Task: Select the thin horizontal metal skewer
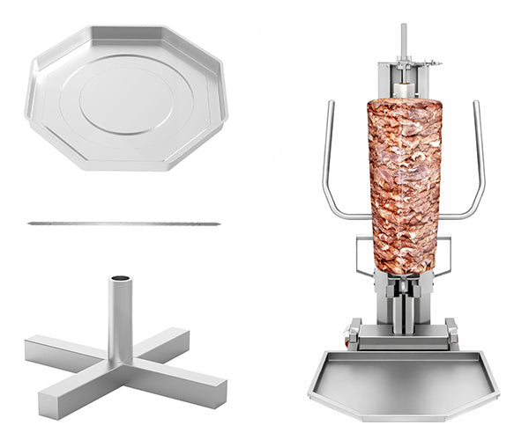123,224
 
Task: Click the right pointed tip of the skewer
218,224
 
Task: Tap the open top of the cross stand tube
121,282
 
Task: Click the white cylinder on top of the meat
403,89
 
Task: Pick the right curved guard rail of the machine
477,167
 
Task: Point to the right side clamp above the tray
451,334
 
